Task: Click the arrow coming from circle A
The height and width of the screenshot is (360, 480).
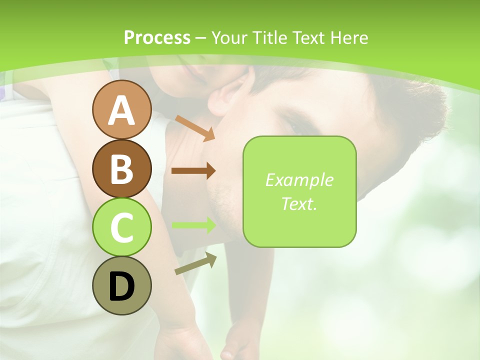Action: point(195,127)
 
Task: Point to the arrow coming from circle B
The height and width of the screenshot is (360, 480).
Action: point(193,170)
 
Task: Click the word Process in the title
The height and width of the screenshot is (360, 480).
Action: point(157,37)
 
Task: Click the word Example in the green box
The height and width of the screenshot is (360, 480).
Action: point(299,180)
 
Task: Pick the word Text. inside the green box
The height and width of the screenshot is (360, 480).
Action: point(299,203)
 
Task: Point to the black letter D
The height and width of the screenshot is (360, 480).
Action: point(121,287)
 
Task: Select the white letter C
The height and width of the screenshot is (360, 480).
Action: point(121,227)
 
